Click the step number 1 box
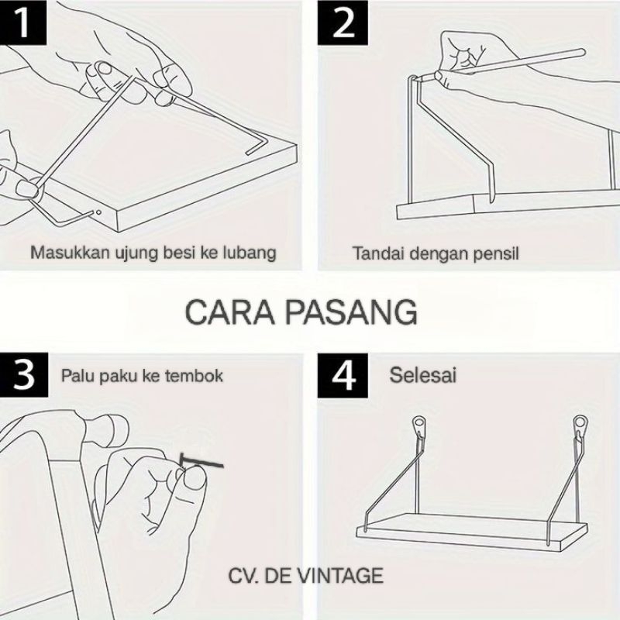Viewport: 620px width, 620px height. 23,22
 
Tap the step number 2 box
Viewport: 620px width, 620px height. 343,23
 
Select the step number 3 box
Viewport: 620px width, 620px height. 24,375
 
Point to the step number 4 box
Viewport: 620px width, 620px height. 343,375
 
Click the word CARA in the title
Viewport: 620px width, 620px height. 229,312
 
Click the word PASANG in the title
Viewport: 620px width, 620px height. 351,312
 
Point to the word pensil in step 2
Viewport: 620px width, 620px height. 496,254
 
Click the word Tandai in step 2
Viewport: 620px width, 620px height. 379,253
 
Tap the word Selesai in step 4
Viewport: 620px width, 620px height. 422,375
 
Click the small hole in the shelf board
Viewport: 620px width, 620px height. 98,212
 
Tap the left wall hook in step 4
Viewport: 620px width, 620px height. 419,426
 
